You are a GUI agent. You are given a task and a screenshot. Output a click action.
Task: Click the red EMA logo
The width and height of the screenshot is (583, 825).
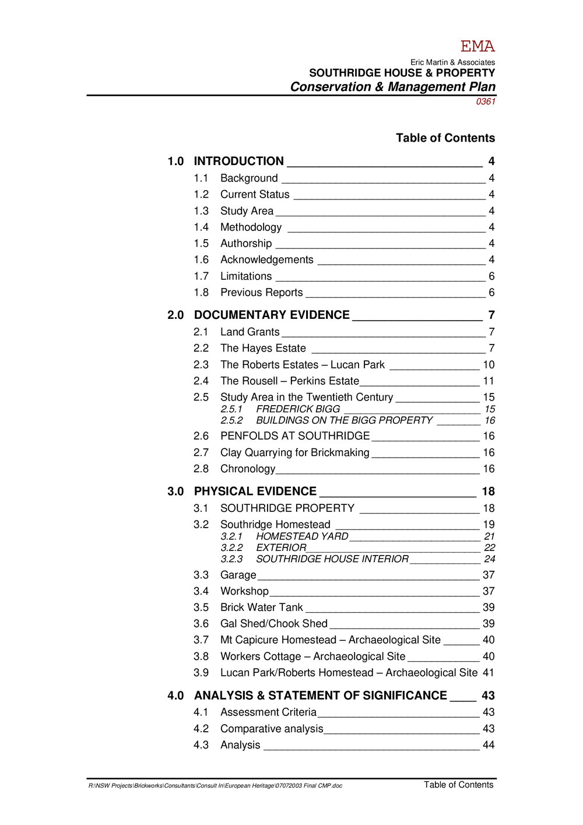point(477,47)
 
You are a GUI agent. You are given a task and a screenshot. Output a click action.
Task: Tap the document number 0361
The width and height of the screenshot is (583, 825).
point(486,101)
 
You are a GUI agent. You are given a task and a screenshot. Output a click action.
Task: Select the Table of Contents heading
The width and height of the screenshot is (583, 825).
point(445,138)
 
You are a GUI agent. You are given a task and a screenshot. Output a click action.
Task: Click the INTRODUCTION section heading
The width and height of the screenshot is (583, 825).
point(238,162)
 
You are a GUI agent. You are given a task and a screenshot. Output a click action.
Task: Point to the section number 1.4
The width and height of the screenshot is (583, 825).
point(201,227)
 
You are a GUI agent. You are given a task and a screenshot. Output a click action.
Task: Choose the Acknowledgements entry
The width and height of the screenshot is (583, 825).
point(266,260)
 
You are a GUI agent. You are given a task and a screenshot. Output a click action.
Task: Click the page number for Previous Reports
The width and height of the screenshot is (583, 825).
point(491,293)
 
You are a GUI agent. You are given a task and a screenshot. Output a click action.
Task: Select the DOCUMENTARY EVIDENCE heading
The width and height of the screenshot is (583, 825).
point(272,315)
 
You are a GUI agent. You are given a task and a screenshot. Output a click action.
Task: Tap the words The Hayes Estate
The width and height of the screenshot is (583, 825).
point(263,349)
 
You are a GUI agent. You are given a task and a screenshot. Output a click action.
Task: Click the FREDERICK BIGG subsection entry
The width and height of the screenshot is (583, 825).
point(298,409)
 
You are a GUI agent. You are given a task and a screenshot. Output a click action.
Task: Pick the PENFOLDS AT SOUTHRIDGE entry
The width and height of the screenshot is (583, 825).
point(294,436)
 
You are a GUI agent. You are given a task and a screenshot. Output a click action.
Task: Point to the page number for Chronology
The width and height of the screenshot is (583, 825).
point(489,469)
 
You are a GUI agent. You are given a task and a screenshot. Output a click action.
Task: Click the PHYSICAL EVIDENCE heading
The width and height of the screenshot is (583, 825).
point(255,492)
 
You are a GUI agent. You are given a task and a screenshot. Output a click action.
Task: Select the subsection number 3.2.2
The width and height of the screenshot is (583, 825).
point(231,548)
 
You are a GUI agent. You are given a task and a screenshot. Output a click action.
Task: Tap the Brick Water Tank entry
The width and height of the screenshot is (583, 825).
point(261,608)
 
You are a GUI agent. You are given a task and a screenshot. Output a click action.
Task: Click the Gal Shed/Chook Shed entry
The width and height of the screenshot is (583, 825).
point(273,624)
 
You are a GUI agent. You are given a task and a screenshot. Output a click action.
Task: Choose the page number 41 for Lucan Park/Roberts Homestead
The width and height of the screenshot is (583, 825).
point(489,673)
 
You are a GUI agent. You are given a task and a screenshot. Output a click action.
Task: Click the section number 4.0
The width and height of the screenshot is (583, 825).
point(175,696)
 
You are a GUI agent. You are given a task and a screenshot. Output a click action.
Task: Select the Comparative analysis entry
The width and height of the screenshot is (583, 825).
point(271,729)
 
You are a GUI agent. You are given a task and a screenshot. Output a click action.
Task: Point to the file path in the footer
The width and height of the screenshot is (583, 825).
point(215,786)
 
